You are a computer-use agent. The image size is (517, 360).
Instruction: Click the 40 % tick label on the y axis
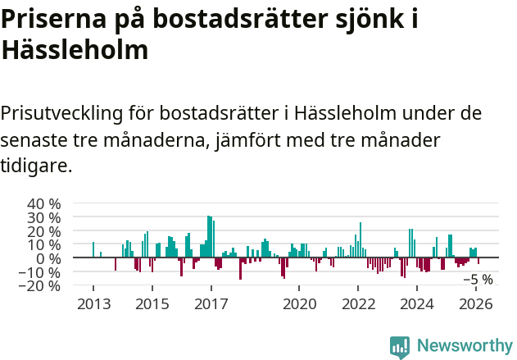(44, 203)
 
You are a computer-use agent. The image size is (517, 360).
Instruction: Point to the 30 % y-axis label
(44, 217)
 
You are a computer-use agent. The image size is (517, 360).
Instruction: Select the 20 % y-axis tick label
(44, 231)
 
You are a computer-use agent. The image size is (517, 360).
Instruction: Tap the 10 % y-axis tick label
(44, 244)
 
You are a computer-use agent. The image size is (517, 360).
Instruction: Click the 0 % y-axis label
(48, 258)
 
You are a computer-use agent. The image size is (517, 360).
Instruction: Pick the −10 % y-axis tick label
(41, 272)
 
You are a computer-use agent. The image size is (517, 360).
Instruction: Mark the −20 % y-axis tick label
(41, 286)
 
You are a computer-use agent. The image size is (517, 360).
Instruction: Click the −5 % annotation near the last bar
(478, 280)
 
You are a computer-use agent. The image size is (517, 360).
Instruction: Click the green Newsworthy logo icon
(400, 346)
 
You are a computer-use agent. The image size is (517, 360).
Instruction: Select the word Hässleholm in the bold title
(75, 50)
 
